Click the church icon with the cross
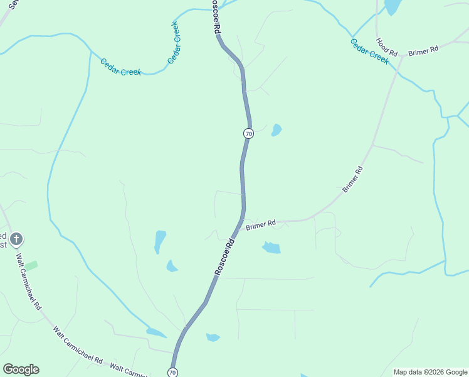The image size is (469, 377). coord(17,239)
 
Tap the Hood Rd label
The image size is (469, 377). coord(386,48)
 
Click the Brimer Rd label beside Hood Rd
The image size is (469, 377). coord(423,50)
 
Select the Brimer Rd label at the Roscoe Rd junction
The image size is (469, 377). coord(261,224)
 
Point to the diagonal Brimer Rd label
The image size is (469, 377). coord(352,179)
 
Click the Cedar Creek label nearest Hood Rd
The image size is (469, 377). coord(369,52)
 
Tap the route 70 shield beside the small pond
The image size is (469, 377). coord(248,134)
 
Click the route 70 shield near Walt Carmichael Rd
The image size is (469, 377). coord(173,373)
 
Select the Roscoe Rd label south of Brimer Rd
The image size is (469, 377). coord(224,256)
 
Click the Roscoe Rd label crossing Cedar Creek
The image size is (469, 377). coord(217,20)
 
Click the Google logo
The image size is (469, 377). coord(21,369)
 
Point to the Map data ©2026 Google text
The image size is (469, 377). coord(429,372)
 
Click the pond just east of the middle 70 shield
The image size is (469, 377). coord(276,130)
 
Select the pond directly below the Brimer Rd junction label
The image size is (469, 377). coord(271,248)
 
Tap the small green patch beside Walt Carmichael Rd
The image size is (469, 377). coord(31,266)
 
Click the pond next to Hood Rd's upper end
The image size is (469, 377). coord(393,6)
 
